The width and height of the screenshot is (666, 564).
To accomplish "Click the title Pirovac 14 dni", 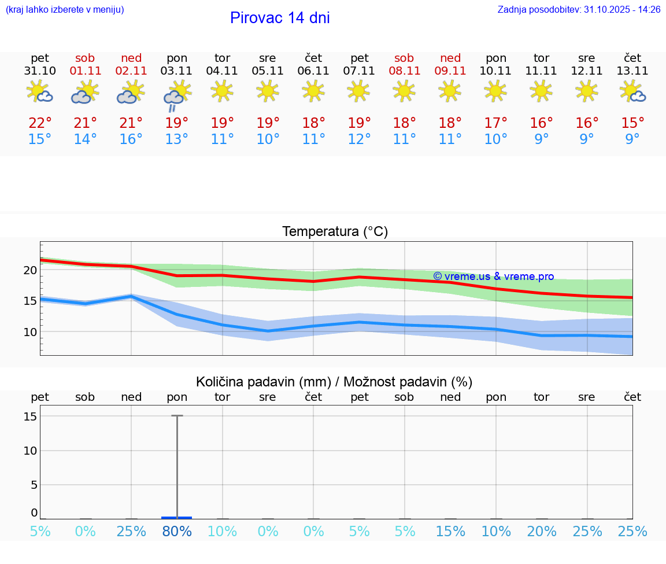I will [280, 18].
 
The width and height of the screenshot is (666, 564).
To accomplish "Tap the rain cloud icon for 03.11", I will [176, 95].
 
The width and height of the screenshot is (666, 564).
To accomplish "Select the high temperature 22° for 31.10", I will [40, 123].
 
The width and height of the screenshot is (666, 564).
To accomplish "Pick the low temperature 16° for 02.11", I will [131, 139].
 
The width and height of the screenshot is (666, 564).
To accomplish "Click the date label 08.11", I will [404, 71].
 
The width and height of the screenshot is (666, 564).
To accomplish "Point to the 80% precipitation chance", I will [177, 532].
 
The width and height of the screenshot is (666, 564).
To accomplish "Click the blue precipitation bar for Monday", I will [177, 518].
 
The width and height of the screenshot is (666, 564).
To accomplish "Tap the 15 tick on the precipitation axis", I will [31, 416].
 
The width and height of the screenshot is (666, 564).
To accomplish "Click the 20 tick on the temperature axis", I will [31, 270].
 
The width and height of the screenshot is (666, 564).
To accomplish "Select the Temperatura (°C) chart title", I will [335, 232].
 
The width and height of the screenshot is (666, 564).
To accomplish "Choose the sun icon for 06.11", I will [313, 91].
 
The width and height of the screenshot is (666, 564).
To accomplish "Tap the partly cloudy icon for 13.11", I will [632, 91].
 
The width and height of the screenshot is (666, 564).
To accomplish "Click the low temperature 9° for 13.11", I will [632, 139].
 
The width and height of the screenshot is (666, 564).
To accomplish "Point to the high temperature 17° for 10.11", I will [495, 123].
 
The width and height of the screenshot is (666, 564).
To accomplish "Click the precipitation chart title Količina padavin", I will [334, 382].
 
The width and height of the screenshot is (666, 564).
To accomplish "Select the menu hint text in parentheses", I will [65, 10].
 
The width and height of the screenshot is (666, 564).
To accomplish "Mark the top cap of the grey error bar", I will [177, 415].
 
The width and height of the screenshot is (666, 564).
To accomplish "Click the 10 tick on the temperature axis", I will [31, 332].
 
